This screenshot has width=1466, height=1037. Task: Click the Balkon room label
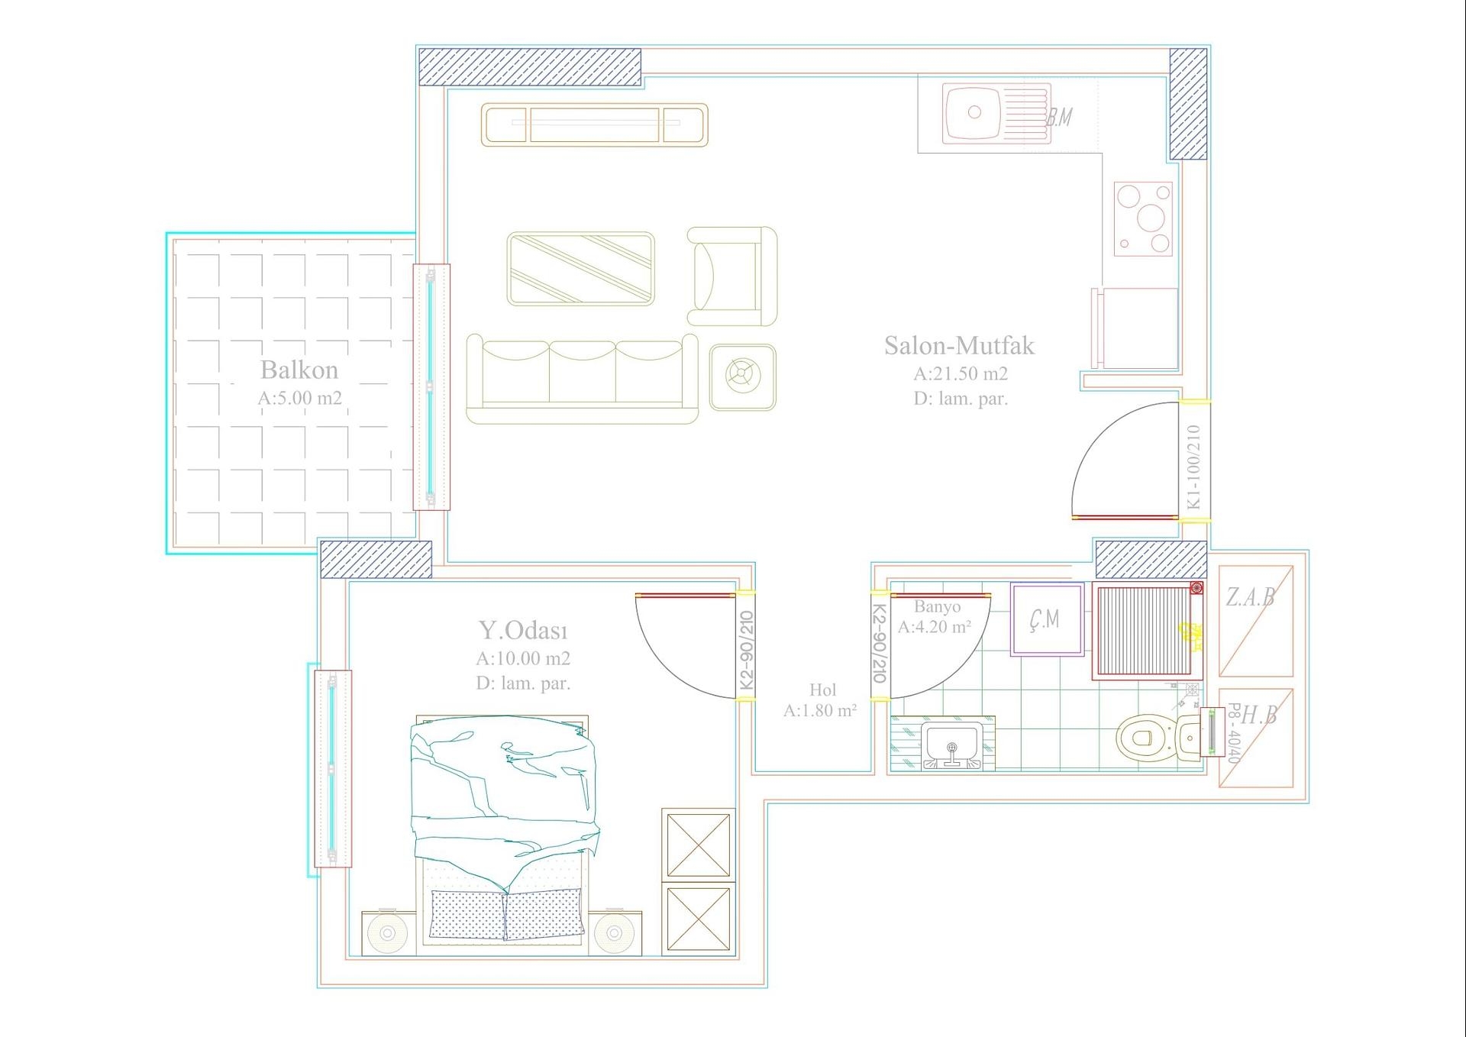pyautogui.click(x=299, y=370)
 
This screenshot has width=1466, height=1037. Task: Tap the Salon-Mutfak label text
pyautogui.click(x=959, y=346)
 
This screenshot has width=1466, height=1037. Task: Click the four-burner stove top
pyautogui.click(x=1142, y=218)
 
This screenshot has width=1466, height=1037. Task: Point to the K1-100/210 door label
pyautogui.click(x=1193, y=467)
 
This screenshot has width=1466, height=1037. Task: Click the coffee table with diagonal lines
pyautogui.click(x=580, y=269)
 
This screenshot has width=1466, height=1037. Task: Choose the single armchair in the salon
pyautogui.click(x=731, y=276)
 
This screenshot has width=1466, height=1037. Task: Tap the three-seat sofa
pyautogui.click(x=582, y=378)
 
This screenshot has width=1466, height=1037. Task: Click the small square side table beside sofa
pyautogui.click(x=742, y=376)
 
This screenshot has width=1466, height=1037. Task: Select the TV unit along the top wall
pyautogui.click(x=594, y=125)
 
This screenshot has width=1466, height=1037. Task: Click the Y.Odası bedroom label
pyautogui.click(x=523, y=631)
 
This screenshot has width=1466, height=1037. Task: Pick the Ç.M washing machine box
pyautogui.click(x=1046, y=619)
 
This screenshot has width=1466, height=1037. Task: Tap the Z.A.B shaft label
pyautogui.click(x=1250, y=596)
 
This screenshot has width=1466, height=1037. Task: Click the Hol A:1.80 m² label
pyautogui.click(x=821, y=699)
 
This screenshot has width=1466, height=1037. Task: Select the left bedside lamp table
pyautogui.click(x=388, y=932)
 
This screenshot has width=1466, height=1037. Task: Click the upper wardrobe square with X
pyautogui.click(x=698, y=845)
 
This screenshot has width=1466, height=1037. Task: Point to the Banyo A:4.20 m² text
pyautogui.click(x=935, y=617)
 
